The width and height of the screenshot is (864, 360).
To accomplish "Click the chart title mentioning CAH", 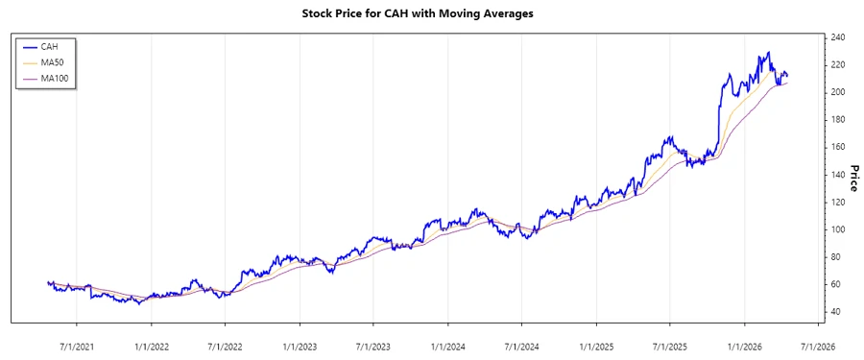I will tap(431, 13).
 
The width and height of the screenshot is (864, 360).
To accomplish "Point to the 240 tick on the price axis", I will tap(838, 37).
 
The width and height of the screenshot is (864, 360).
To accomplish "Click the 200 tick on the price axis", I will tap(838, 92).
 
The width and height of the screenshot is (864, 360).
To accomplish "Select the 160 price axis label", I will tap(838, 147).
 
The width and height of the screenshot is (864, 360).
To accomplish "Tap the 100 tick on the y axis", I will tap(838, 229).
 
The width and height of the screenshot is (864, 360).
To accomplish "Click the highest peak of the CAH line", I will tap(767, 53).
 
